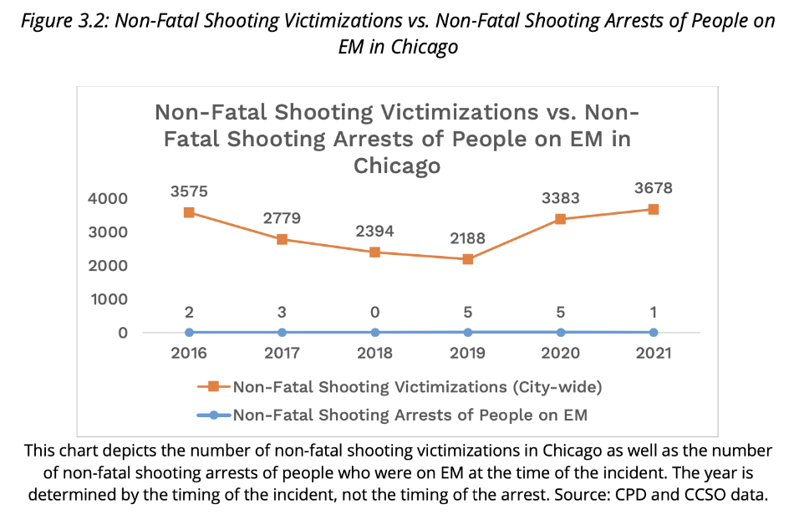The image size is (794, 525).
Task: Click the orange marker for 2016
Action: [190, 212]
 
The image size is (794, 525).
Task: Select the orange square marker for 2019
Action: [468, 259]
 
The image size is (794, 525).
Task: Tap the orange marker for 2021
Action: [654, 209]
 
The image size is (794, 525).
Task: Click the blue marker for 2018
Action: [375, 333]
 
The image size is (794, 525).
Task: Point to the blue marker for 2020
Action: [561, 333]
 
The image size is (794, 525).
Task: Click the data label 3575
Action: [190, 191]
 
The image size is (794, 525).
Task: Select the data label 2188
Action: [468, 238]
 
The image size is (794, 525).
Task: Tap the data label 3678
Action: [654, 188]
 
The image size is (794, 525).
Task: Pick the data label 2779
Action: [282, 218]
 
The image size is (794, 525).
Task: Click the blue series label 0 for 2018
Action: [375, 312]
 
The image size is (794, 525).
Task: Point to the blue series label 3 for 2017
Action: [282, 312]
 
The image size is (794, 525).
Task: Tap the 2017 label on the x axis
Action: [282, 353]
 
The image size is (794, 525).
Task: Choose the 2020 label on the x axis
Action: [561, 353]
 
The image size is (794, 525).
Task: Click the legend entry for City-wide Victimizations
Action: [416, 386]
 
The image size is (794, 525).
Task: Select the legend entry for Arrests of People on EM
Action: [410, 415]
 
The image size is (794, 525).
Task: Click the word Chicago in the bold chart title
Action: [396, 166]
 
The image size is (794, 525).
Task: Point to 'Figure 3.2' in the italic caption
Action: [64, 22]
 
